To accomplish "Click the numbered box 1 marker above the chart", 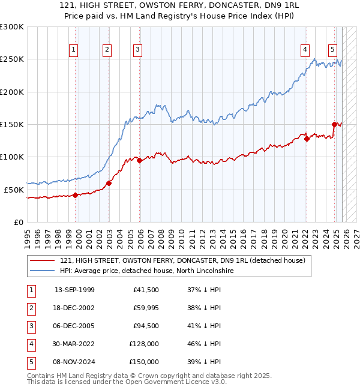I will point(74,50).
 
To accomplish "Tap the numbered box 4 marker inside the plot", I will point(305,50).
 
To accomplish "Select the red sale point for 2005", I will point(139,160).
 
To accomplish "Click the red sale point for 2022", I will point(307,139).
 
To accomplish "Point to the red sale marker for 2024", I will point(334,124).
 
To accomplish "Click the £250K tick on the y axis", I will point(12,59).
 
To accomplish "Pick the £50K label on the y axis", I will point(14,190).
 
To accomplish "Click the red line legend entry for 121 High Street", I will point(183,260).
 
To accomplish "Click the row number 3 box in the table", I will point(31,326).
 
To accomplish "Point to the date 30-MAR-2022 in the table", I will point(74,344).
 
